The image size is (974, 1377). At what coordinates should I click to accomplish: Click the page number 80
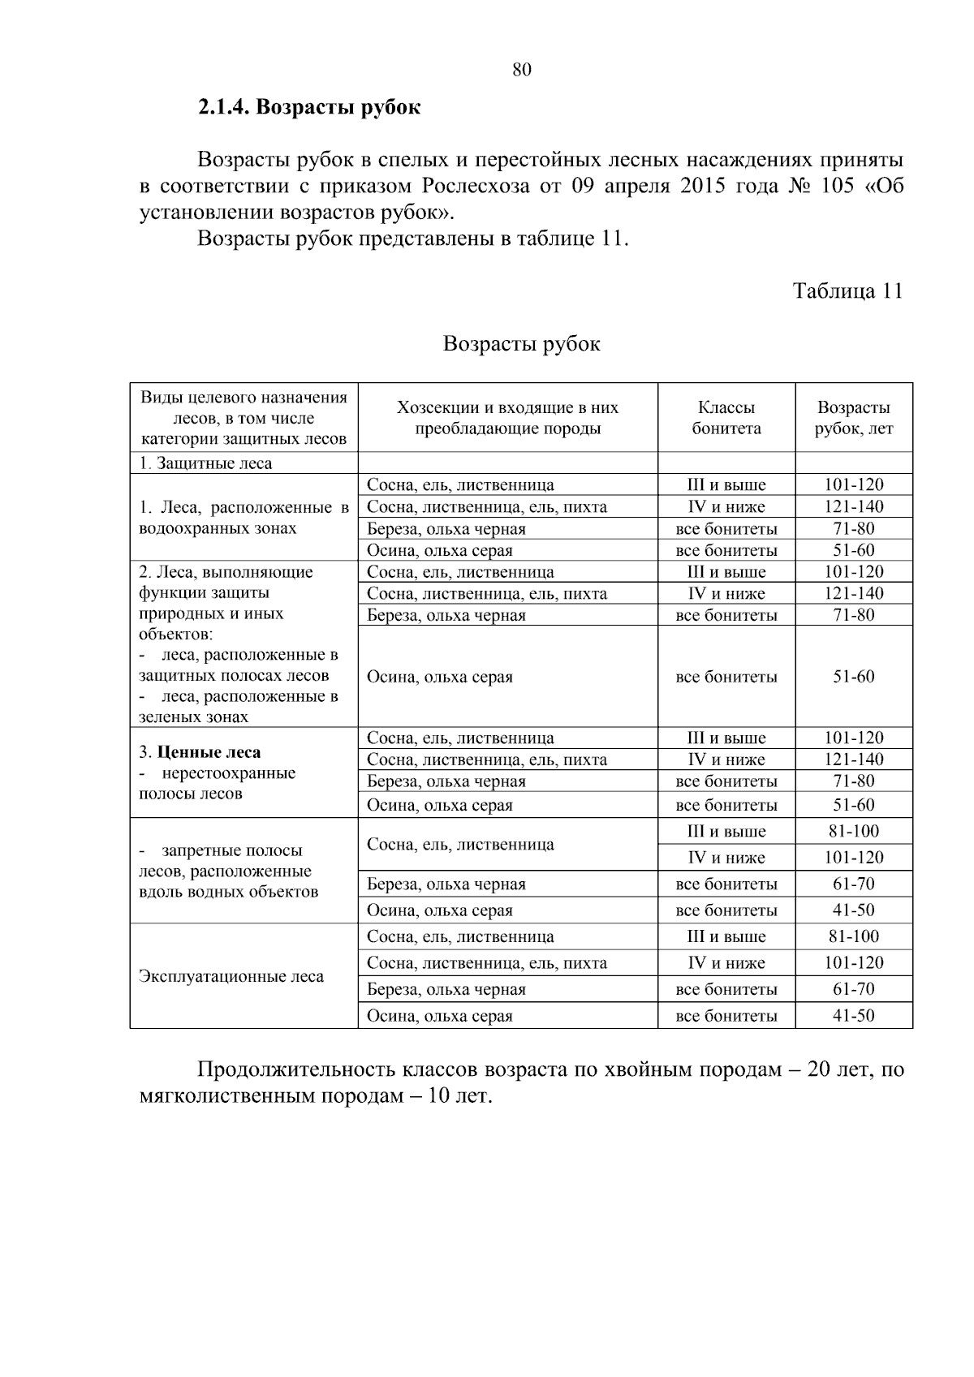(x=522, y=70)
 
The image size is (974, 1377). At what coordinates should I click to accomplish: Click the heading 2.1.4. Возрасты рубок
(x=309, y=107)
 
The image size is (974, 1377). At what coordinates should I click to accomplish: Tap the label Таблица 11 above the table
(x=847, y=291)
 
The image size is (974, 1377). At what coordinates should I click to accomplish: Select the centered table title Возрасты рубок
(x=521, y=344)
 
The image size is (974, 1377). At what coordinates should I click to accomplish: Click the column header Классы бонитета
(x=726, y=418)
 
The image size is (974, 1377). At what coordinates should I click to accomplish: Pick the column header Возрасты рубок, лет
(x=853, y=418)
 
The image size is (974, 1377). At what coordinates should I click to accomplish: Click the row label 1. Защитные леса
(x=205, y=463)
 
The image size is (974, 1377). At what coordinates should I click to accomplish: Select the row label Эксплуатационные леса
(x=231, y=976)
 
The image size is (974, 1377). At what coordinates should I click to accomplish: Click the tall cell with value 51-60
(x=853, y=677)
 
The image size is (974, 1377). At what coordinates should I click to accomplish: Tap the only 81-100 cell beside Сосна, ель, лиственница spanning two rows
(x=853, y=831)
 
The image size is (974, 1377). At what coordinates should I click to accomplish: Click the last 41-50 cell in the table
(x=853, y=1015)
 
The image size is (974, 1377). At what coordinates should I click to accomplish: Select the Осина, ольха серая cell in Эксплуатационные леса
(x=440, y=1016)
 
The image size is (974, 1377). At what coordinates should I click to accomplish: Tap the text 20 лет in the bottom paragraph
(x=837, y=1069)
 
